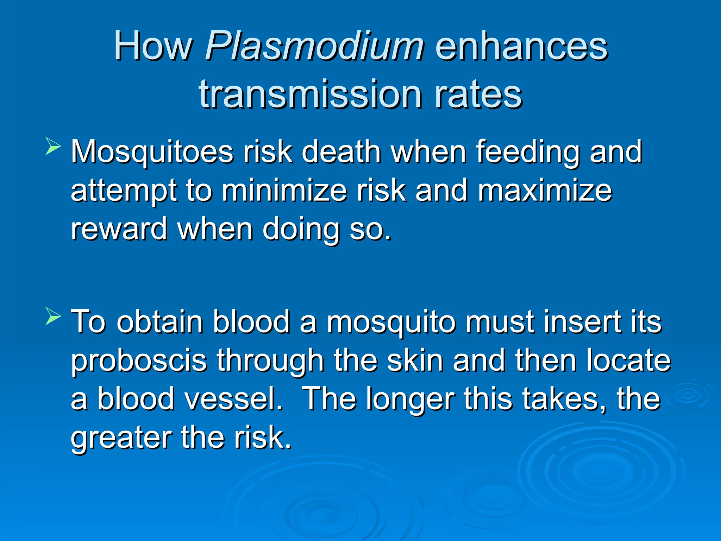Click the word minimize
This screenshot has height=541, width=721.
pyautogui.click(x=284, y=191)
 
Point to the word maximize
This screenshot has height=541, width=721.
pyautogui.click(x=545, y=191)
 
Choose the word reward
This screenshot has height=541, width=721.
pyautogui.click(x=119, y=229)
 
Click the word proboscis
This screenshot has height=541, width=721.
pyautogui.click(x=139, y=361)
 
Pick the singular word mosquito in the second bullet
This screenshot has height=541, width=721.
pyautogui.click(x=391, y=322)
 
